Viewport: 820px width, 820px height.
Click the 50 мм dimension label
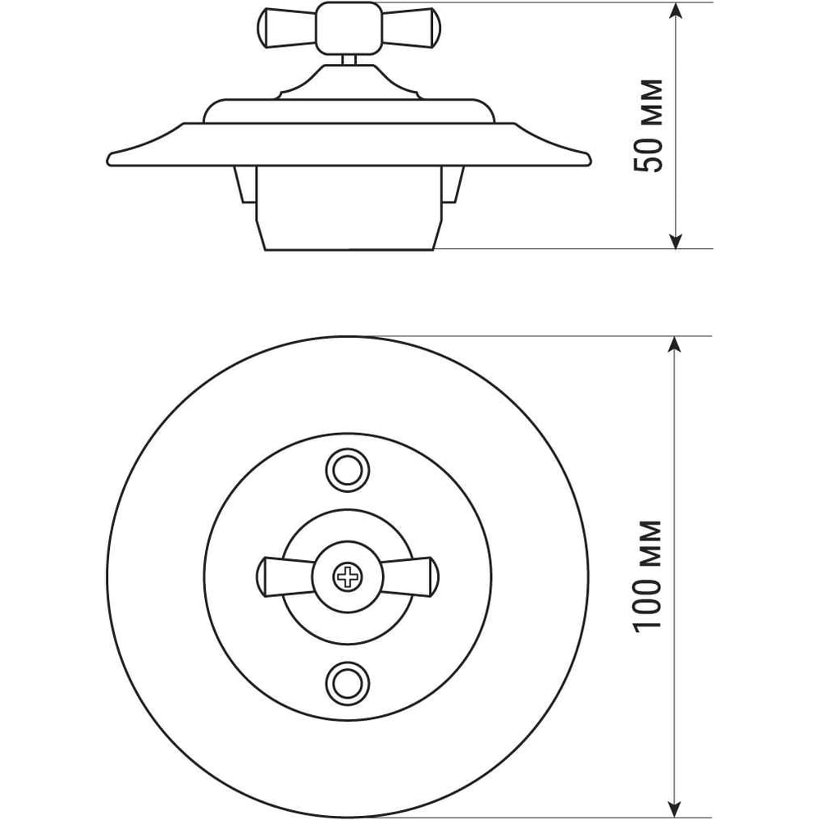tap(649, 125)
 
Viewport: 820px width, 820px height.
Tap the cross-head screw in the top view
tap(348, 577)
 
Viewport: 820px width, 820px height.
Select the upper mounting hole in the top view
tap(348, 470)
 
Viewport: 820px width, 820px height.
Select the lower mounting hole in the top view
tap(348, 684)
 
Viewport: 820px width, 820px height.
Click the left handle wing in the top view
tap(286, 576)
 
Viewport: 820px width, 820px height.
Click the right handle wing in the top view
tap(410, 576)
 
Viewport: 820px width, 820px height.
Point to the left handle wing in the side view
tap(287, 28)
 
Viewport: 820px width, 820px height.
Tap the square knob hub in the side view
tap(348, 28)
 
